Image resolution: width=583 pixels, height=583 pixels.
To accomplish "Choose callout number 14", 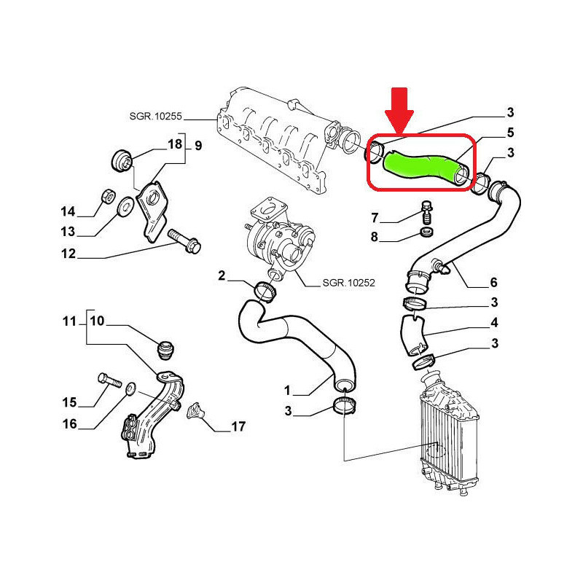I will [68, 212].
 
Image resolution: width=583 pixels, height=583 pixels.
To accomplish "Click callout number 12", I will [68, 255].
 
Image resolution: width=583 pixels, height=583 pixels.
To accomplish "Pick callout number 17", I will [238, 427].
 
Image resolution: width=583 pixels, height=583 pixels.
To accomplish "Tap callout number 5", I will [510, 133].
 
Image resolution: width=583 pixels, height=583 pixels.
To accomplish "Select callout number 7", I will [375, 217].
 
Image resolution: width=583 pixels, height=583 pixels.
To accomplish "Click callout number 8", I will [375, 238].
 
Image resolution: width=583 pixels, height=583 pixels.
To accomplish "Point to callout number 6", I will [493, 282].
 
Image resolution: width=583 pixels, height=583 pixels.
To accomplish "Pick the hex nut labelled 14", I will [105, 196].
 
